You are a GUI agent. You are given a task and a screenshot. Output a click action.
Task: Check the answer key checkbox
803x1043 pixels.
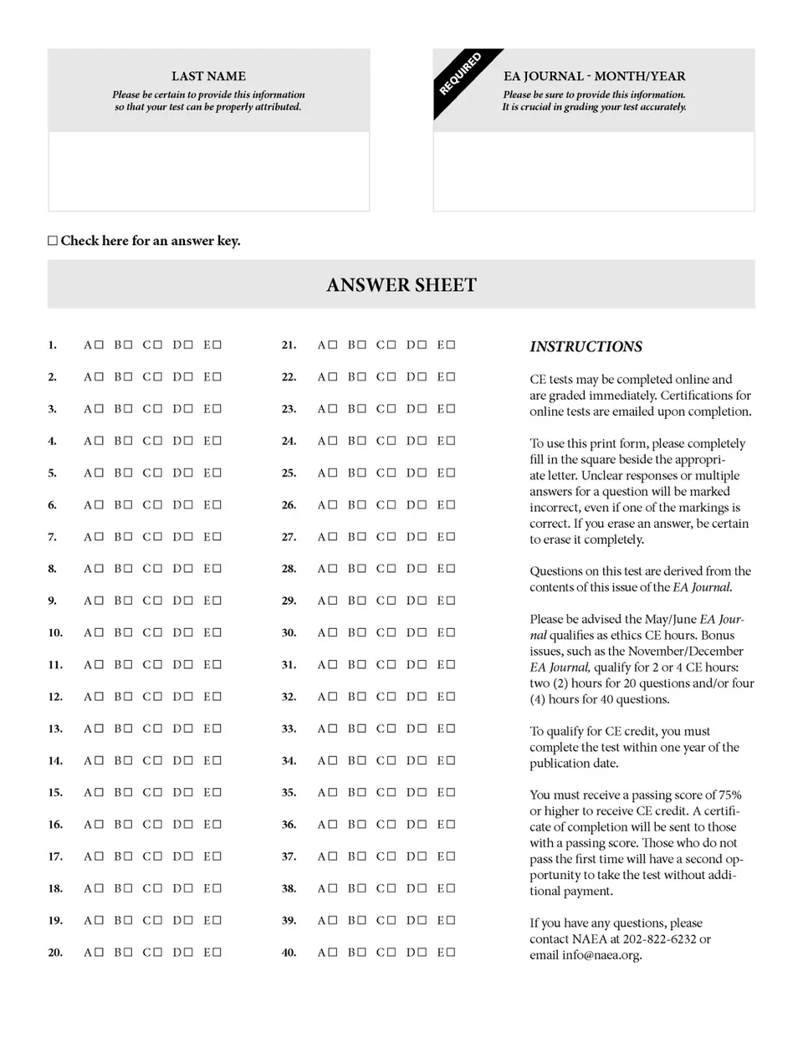tap(53, 241)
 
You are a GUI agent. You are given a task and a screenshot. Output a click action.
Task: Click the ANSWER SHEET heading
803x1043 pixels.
tap(401, 285)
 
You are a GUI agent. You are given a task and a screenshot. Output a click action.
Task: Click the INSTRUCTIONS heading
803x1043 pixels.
tap(586, 346)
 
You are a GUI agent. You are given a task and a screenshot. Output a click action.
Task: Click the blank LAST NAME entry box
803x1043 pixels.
tap(208, 171)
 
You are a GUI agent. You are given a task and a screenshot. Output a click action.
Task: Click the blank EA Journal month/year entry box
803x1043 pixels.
tap(593, 171)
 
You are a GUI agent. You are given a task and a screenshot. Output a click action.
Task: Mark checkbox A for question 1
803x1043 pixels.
tap(99, 345)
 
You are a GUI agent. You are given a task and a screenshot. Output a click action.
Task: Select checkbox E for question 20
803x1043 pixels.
tap(217, 952)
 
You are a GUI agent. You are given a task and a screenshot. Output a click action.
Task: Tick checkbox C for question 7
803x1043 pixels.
tap(158, 536)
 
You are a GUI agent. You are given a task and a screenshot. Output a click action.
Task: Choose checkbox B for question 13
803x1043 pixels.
tap(128, 729)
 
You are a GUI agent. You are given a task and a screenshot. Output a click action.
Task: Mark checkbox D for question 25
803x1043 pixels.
tap(422, 473)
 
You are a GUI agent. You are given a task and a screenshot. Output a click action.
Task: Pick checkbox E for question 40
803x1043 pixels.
tap(451, 952)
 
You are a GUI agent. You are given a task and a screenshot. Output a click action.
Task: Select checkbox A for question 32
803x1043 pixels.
tap(332, 696)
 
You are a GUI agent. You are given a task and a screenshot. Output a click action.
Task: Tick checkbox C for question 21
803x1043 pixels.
tap(391, 345)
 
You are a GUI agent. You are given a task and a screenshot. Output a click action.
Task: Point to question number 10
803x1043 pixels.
tap(55, 633)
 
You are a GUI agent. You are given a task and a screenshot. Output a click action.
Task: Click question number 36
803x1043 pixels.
tap(289, 825)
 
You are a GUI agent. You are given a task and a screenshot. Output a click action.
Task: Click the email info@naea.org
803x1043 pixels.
tap(602, 955)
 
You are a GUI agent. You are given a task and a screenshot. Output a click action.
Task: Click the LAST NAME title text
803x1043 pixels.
tap(208, 76)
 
